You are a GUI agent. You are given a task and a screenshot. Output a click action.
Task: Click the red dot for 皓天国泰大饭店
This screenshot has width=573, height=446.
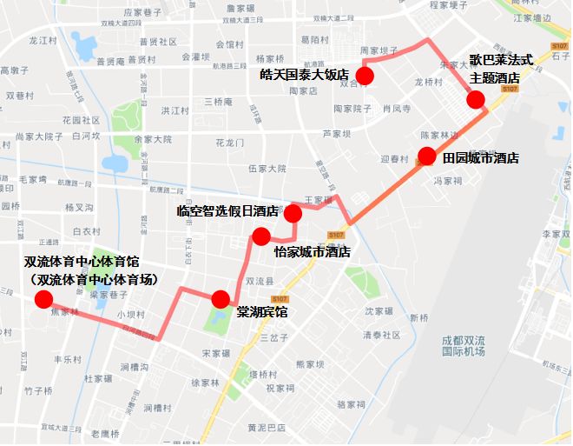pyautogui.click(x=365, y=76)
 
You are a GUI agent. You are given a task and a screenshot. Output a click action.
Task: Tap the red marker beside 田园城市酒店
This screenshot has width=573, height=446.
pyautogui.click(x=426, y=156)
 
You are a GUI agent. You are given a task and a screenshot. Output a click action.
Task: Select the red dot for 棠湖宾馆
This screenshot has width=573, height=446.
pyautogui.click(x=221, y=298)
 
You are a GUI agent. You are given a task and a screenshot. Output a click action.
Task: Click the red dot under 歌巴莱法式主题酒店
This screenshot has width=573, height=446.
pyautogui.click(x=476, y=99)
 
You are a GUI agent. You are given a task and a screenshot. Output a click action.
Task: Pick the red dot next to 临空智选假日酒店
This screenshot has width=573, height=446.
pyautogui.click(x=293, y=213)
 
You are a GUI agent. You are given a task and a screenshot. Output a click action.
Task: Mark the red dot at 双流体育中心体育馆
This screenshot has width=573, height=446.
pyautogui.click(x=43, y=300)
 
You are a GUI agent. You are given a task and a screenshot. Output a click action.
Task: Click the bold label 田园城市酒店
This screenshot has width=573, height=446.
pyautogui.click(x=481, y=158)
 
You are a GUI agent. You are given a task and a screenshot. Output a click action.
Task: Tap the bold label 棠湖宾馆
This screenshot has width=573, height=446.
pyautogui.click(x=262, y=311)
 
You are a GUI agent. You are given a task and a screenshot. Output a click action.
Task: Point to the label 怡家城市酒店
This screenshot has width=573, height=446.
pyautogui.click(x=312, y=252)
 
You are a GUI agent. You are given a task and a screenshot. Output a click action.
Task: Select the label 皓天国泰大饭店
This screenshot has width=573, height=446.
pyautogui.click(x=305, y=75)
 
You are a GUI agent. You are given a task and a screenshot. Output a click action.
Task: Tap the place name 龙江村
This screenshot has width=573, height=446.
pyautogui.click(x=43, y=41)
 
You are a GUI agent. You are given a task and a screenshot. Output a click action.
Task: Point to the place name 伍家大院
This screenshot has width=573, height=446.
pyautogui.click(x=267, y=169)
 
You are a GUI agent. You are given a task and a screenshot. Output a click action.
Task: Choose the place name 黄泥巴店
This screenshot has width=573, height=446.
pyautogui.click(x=267, y=428)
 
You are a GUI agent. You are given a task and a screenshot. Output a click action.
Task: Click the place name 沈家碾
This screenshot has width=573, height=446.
pyautogui.click(x=380, y=311)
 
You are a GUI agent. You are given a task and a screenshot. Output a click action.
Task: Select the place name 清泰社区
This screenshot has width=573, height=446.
pyautogui.click(x=382, y=335)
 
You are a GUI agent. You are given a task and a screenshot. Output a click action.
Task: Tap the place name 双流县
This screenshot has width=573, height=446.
pyautogui.click(x=260, y=282)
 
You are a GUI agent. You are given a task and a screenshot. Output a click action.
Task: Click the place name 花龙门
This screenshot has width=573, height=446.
pyautogui.click(x=230, y=143)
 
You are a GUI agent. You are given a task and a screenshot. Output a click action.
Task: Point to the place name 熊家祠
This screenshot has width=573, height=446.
pyautogui.click(x=310, y=364)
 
